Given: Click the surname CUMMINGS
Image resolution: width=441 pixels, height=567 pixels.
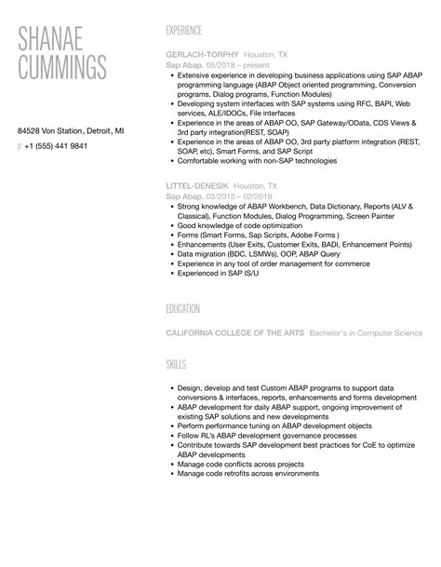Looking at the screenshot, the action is (x=62, y=68).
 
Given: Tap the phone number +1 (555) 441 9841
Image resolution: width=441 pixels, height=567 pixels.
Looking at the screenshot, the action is (x=58, y=146).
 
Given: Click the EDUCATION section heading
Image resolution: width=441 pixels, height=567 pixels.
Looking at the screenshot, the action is (x=189, y=307).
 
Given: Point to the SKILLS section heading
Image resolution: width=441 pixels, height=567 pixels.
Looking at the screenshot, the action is (x=176, y=364).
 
